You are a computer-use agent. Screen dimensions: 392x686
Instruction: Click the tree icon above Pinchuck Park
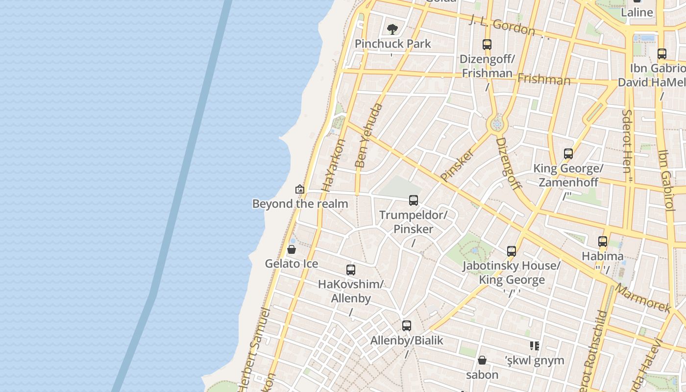click(392, 29)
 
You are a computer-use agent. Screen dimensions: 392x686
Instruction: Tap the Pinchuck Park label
click(393, 44)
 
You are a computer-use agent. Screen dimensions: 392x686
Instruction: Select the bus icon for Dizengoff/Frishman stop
click(487, 45)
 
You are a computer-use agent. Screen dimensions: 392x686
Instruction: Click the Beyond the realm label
click(300, 204)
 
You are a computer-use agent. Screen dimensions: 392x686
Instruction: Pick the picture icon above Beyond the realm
click(300, 189)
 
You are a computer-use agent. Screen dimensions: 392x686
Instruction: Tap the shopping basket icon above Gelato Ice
click(292, 250)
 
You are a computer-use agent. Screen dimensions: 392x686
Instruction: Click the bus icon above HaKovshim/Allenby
click(351, 270)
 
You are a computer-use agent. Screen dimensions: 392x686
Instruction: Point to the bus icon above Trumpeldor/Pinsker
click(414, 200)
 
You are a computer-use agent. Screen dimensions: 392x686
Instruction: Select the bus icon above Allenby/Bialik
click(407, 326)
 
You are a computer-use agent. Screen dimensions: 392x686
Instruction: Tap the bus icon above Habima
click(603, 242)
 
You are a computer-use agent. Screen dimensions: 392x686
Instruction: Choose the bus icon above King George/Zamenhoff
click(568, 154)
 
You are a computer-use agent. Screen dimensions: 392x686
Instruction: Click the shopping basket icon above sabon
click(482, 361)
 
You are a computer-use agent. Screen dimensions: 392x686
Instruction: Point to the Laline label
click(637, 13)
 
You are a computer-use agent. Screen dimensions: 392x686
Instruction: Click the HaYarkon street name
click(334, 165)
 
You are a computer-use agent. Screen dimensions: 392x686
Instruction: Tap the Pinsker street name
click(457, 165)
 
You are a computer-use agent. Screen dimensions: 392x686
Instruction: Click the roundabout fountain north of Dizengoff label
click(497, 124)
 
